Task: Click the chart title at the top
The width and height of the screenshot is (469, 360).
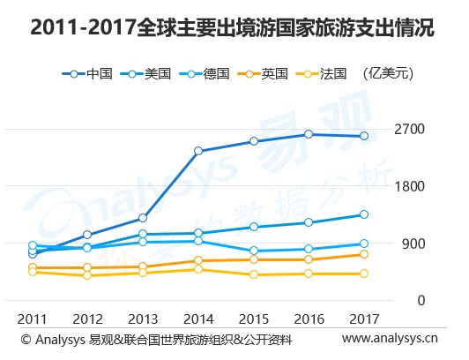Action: coord(232,28)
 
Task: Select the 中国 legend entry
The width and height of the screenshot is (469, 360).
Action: coord(87,73)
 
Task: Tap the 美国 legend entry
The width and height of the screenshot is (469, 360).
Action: coord(145,73)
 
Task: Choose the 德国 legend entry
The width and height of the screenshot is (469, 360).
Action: coord(204,73)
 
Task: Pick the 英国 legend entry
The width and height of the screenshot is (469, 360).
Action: coord(263,73)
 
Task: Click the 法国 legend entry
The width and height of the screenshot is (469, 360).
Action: coord(321,73)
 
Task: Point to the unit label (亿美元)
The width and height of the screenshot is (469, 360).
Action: coord(388,73)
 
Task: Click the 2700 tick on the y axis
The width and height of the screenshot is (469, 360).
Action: coord(409,130)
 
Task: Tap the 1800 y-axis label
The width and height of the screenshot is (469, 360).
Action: coord(409,186)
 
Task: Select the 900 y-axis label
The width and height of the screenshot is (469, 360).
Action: coord(413,244)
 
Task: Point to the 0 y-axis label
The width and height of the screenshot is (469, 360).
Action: coord(421,301)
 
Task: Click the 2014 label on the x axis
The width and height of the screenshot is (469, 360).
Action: coord(198,319)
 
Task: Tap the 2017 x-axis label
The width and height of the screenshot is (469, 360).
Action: coord(364,319)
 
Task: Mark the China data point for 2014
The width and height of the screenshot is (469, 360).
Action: coord(198,151)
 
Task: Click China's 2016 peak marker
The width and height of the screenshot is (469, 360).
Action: coord(309,134)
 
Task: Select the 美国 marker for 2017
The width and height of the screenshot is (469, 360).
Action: coord(364,214)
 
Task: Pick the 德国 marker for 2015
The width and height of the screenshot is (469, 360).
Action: coord(254,251)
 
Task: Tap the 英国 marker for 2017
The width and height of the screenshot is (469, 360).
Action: coord(364,254)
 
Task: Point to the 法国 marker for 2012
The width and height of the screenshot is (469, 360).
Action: coord(87,275)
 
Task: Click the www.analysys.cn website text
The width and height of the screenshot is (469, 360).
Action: coord(390,339)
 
